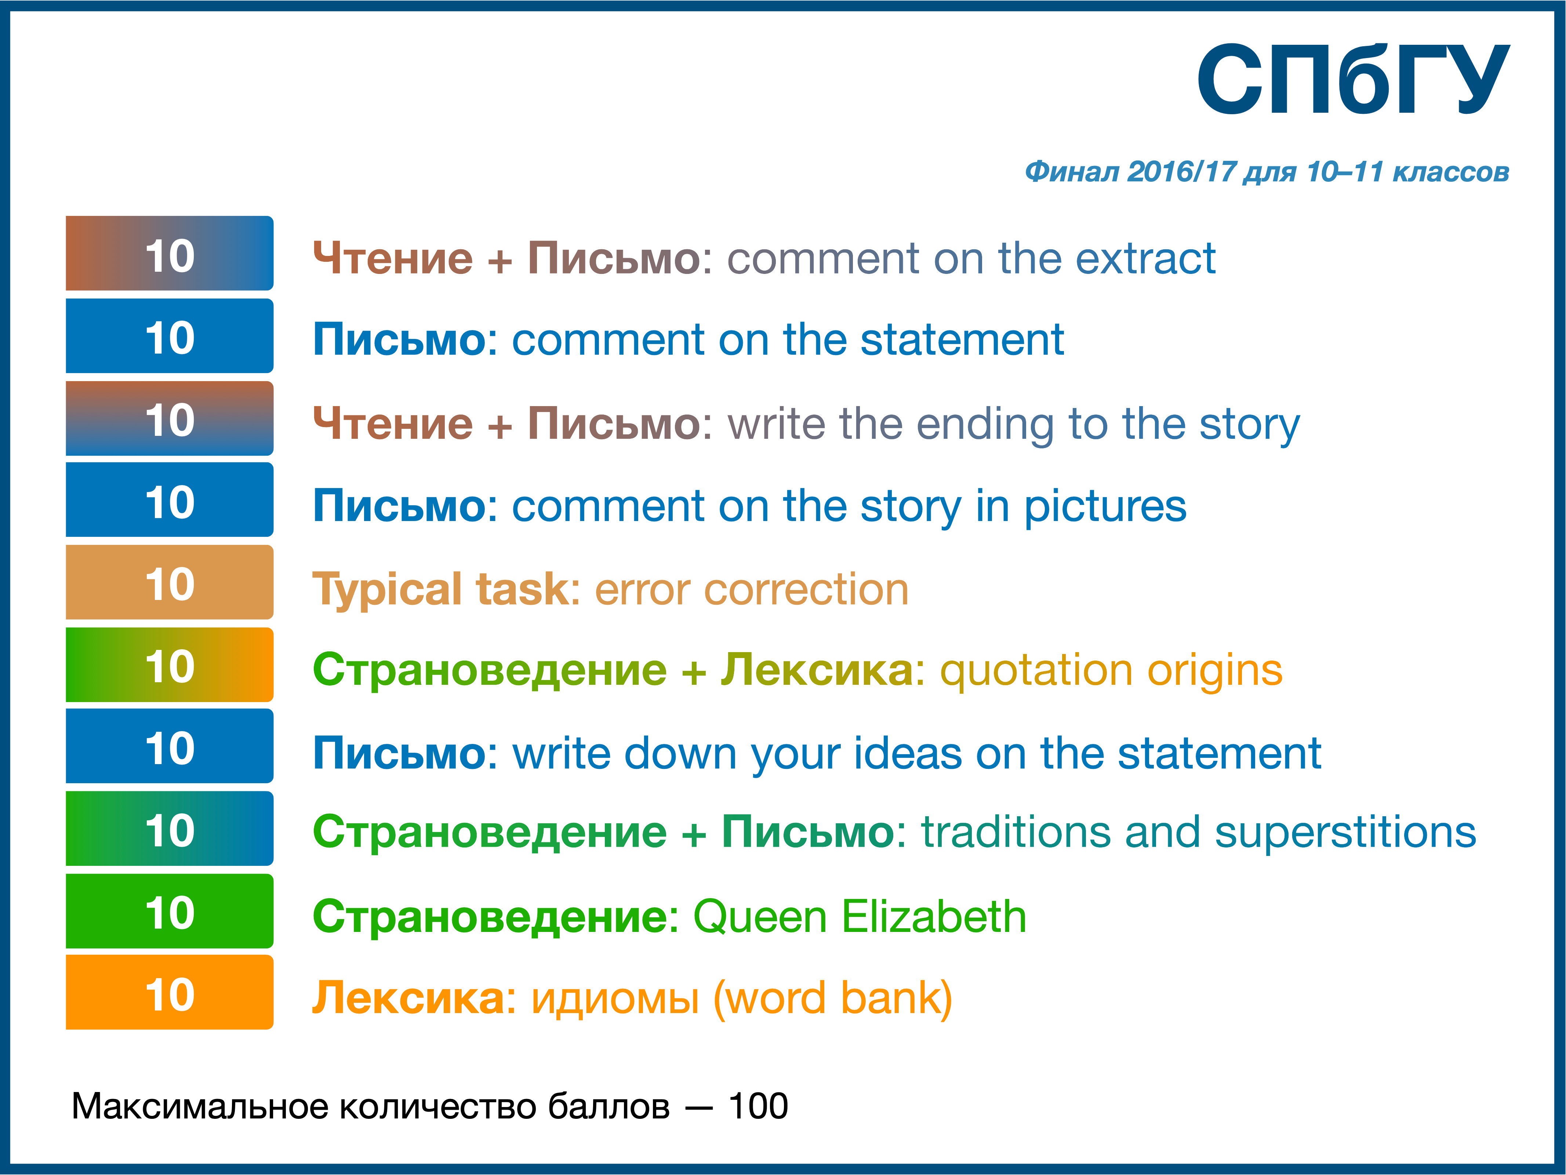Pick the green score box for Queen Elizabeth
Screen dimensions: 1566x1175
[x=170, y=911]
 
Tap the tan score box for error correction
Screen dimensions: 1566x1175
[x=170, y=582]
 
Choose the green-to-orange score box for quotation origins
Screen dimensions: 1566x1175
[x=170, y=664]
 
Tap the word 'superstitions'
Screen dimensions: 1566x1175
[x=1345, y=833]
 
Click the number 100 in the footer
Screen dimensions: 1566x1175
[x=758, y=1106]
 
